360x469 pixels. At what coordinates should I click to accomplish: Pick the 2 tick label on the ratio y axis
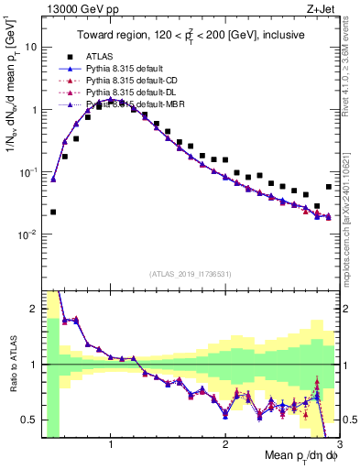coord(32,309)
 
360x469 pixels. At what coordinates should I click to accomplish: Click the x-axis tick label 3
coord(338,446)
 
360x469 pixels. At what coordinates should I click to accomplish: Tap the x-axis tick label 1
coord(111,446)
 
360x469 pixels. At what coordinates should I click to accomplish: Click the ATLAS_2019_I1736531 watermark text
coord(190,273)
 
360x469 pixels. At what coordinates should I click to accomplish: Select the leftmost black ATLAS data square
coord(53,212)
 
